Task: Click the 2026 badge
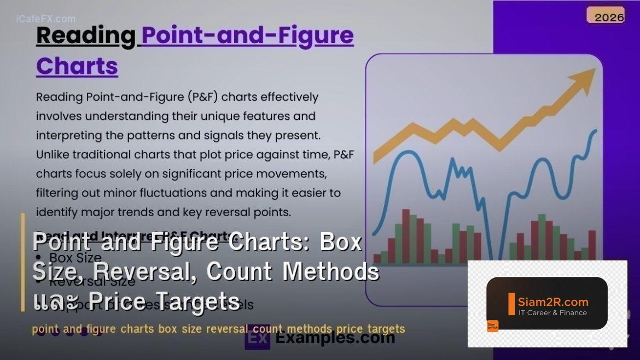click(609, 17)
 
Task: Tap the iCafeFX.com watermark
click(46, 19)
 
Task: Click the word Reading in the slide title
click(85, 36)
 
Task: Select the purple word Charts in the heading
click(77, 66)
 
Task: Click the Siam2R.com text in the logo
click(553, 301)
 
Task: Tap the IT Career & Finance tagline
click(552, 313)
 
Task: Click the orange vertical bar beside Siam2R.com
click(511, 304)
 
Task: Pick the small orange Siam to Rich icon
click(492, 326)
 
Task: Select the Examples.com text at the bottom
click(335, 338)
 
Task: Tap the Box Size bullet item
click(75, 257)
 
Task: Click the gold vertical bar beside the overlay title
click(23, 262)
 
